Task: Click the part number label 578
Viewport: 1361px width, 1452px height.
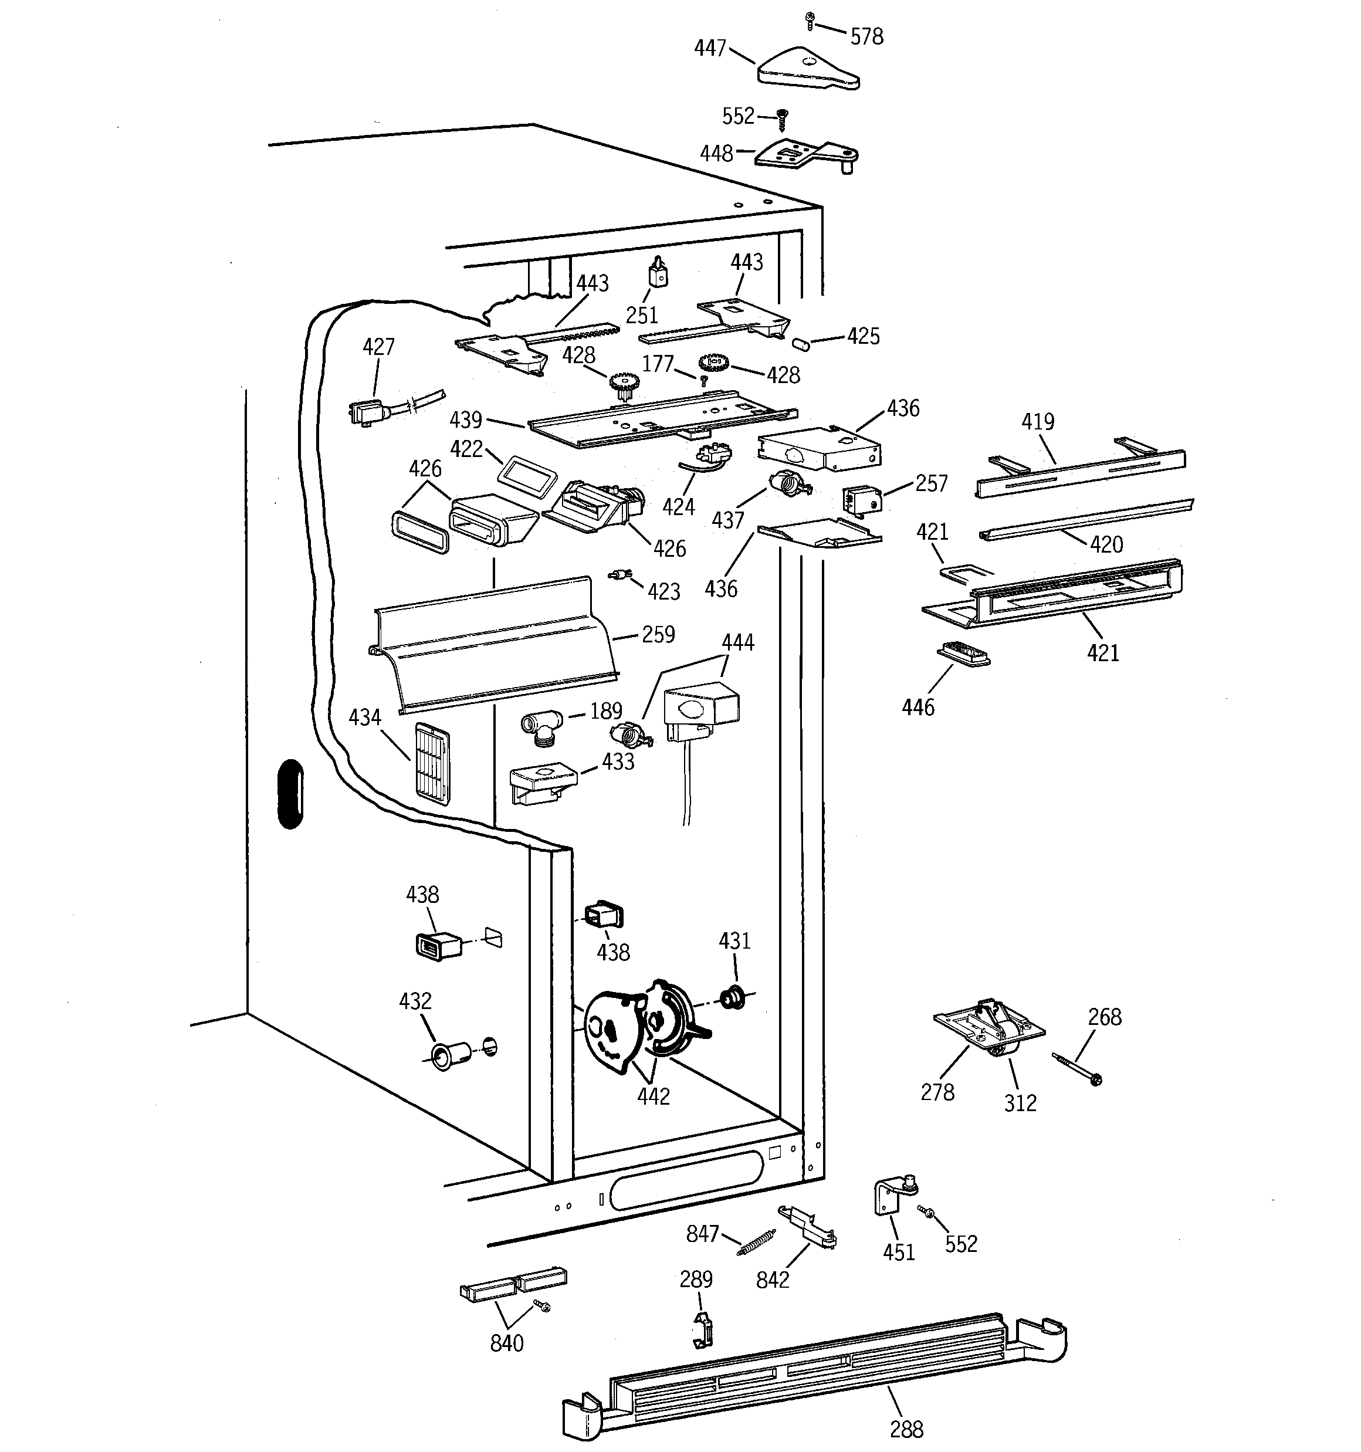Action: point(866,36)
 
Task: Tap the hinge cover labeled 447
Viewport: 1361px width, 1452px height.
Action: point(807,69)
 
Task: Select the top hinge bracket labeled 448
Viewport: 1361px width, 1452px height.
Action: point(804,154)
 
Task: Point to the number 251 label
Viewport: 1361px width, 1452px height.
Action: point(642,315)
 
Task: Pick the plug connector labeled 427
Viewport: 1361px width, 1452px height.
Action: point(369,414)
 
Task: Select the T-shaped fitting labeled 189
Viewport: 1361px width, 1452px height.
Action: point(541,727)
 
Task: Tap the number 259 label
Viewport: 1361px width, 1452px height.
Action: point(658,634)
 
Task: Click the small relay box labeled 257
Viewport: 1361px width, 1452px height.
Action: point(862,501)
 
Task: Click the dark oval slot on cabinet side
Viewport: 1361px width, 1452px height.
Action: point(290,794)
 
